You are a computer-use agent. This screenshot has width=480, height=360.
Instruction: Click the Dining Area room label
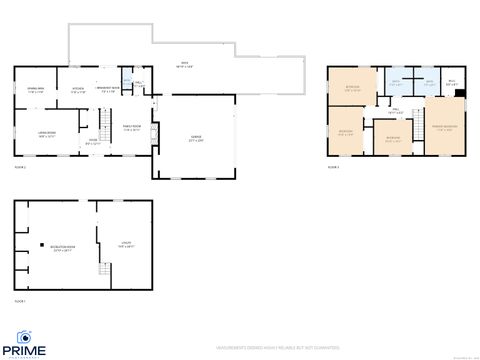point(34,91)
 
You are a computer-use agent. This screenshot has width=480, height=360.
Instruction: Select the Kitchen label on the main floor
point(77,91)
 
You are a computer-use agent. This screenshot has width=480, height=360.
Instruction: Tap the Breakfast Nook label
point(108,91)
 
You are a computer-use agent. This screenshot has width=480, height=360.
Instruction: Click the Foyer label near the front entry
point(92,143)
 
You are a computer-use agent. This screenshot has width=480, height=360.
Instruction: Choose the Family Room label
point(132,127)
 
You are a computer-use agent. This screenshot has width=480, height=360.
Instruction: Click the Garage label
point(196,139)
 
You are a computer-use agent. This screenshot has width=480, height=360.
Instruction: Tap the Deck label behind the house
point(184,66)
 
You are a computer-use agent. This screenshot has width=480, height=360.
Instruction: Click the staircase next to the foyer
point(103,124)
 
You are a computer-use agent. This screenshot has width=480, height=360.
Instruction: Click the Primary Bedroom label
point(445,127)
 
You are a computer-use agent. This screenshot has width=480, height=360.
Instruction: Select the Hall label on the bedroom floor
point(395,112)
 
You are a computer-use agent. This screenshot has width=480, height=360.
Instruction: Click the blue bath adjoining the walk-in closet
point(429,84)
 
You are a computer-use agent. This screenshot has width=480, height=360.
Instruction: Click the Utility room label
point(126,244)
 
